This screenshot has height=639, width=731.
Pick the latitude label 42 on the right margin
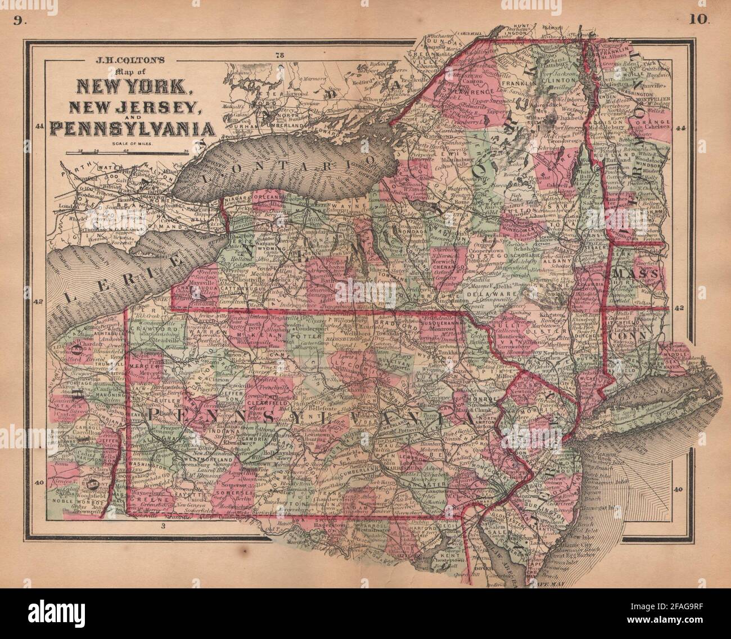coord(679,308)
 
